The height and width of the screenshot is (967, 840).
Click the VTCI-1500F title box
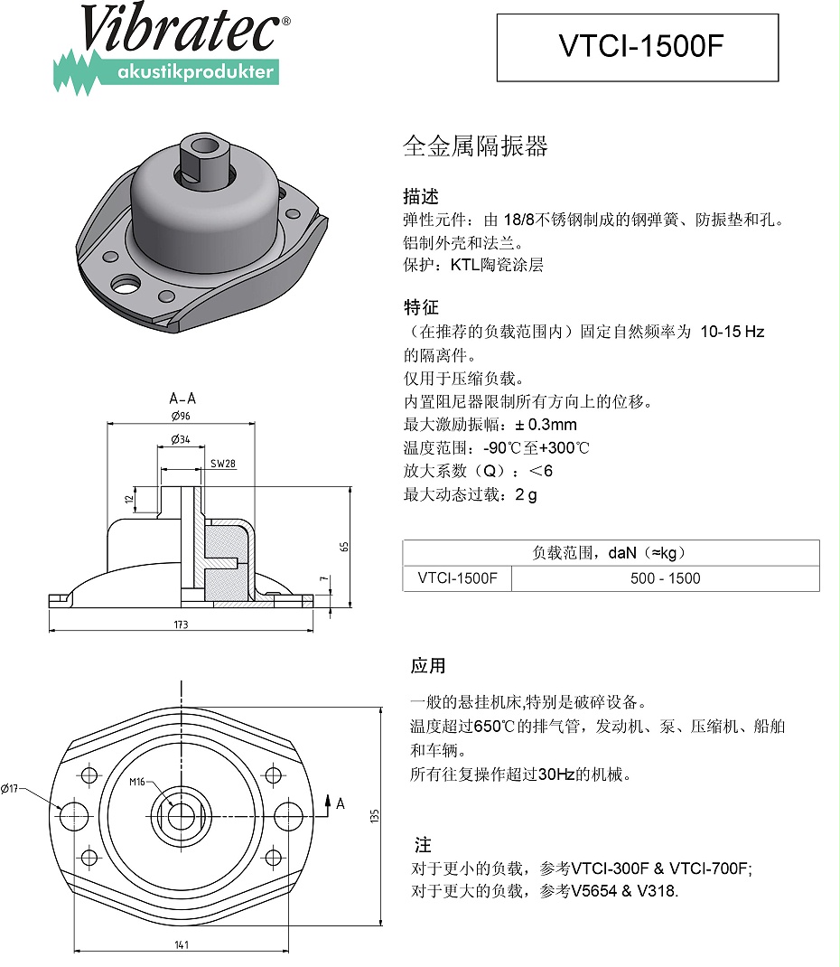pos(637,47)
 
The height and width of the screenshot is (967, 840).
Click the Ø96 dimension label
pos(181,417)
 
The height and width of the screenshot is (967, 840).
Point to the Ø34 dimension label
pos(180,440)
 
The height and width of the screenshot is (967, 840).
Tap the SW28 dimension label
pos(222,464)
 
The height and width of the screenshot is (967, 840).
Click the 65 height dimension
pos(344,547)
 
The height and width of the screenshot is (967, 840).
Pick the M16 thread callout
pos(137,782)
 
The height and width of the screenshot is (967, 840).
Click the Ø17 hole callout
pos(11,788)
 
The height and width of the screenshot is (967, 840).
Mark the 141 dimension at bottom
pos(181,944)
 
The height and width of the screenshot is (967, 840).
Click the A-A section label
pos(182,398)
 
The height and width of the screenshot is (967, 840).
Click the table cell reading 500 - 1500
pos(665,578)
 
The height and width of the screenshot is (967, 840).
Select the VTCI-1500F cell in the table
pos(457,578)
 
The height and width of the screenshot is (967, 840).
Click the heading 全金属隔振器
pos(475,147)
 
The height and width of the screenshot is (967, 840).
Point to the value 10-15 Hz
pos(732,332)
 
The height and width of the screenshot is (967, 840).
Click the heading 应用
pos(428,666)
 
